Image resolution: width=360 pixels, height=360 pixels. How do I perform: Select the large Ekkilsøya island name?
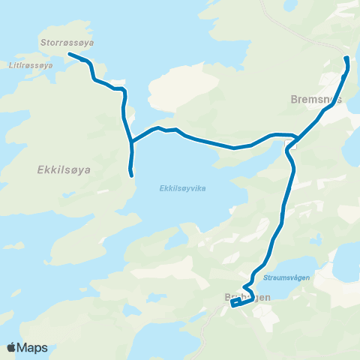(64, 170)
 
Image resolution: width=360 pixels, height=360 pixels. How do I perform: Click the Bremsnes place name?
(316, 98)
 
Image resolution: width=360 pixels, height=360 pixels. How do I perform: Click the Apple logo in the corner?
(12, 347)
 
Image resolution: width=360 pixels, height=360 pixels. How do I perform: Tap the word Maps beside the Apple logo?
(33, 347)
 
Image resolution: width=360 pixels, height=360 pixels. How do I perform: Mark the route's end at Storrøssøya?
(70, 54)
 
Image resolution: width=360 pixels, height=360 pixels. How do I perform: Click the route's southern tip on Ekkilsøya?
(132, 175)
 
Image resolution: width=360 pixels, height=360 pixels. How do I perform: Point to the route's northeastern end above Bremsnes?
(346, 58)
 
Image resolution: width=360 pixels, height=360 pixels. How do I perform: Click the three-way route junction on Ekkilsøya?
(131, 142)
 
